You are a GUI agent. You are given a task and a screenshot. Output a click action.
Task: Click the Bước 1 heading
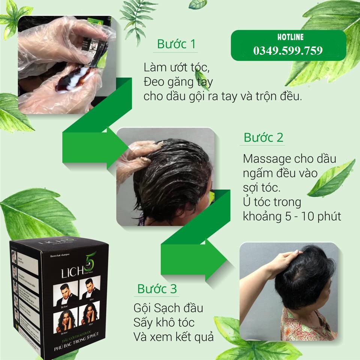point(176,44)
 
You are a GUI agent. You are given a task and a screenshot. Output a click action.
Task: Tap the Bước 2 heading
point(264,137)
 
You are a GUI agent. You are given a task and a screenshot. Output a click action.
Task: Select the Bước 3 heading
point(157,289)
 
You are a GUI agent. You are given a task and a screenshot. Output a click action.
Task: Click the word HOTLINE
point(288,37)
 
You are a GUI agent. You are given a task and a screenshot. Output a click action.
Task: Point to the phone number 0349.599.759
point(288,51)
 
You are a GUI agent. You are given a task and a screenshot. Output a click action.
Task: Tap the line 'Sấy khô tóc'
point(164,322)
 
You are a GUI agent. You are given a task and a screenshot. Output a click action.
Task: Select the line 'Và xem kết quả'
point(173,336)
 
